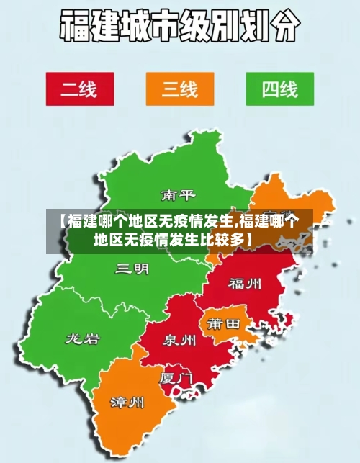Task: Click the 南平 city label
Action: click(178, 195)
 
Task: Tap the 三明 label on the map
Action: click(132, 269)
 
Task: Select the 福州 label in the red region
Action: click(245, 282)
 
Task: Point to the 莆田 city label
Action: click(223, 325)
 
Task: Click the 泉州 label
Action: click(179, 339)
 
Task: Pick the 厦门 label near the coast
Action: click(176, 377)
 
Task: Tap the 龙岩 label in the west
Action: click(83, 338)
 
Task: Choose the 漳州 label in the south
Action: click(127, 401)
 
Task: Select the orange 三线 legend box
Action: click(179, 89)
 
